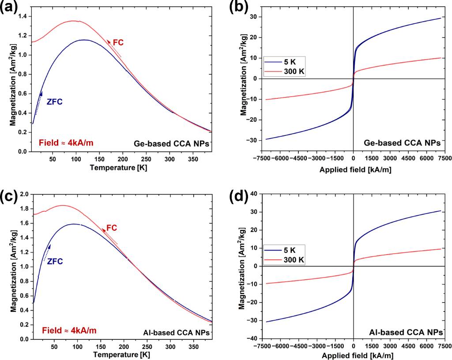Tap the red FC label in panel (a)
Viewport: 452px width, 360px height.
pyautogui.click(x=118, y=42)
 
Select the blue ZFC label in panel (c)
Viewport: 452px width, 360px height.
pyautogui.click(x=55, y=261)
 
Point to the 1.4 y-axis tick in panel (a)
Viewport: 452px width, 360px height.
pyautogui.click(x=23, y=16)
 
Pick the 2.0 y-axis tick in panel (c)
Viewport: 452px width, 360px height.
pyautogui.click(x=23, y=194)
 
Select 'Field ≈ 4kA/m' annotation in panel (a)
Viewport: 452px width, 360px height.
pyautogui.click(x=65, y=142)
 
